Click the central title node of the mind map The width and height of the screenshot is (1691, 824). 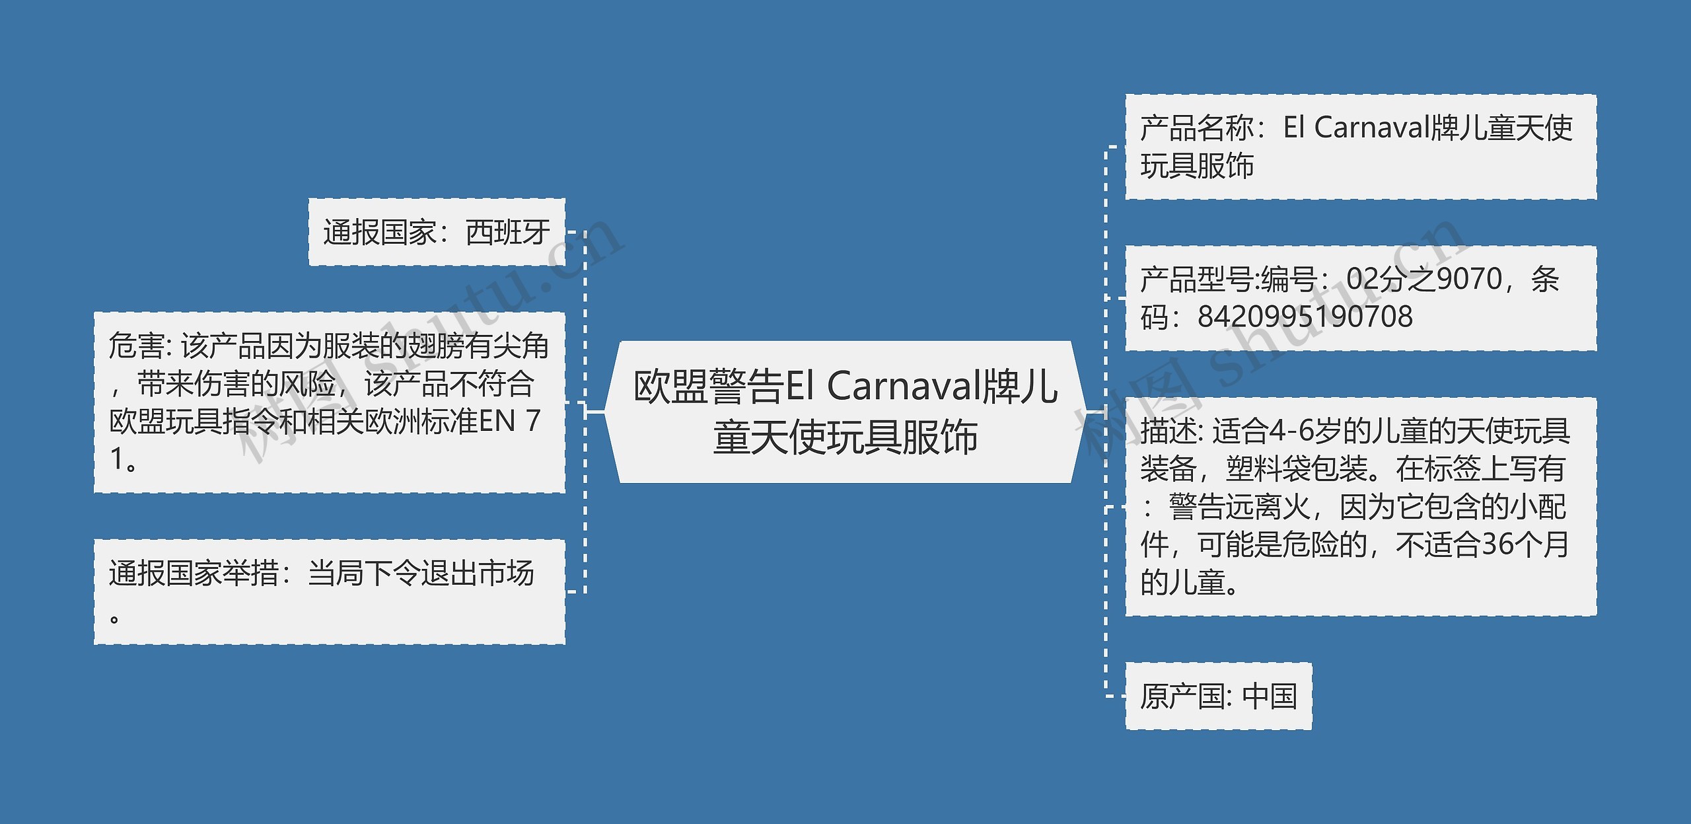(x=845, y=412)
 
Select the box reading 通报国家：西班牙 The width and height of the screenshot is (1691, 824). (x=437, y=232)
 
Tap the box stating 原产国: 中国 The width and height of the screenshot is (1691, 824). (x=1218, y=696)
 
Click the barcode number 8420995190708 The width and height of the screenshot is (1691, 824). (x=1305, y=317)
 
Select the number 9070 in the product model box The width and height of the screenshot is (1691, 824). (x=1469, y=279)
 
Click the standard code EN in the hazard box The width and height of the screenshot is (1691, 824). (x=496, y=421)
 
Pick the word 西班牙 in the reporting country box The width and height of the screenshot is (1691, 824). (x=507, y=232)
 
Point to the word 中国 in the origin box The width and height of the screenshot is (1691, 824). (x=1269, y=696)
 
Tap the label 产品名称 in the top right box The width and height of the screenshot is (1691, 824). (x=1196, y=128)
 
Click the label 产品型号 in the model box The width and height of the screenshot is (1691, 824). (x=1196, y=279)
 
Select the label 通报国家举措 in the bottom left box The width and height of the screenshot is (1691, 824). (x=194, y=573)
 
